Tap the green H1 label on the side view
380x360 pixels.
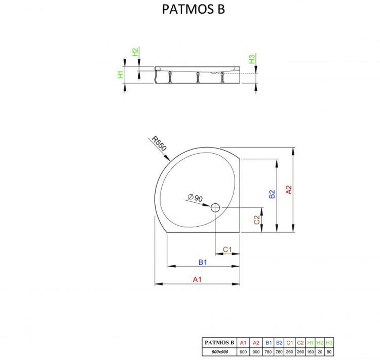click(x=120, y=75)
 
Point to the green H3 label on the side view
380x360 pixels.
click(x=252, y=59)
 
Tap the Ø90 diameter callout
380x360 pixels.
click(x=195, y=197)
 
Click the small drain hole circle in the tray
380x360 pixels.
click(x=215, y=207)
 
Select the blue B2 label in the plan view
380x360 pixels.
click(x=272, y=194)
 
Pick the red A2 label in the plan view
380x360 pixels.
click(x=289, y=190)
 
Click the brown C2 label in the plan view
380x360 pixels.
click(x=257, y=220)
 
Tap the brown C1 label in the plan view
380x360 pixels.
click(x=227, y=249)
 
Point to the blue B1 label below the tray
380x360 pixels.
click(x=203, y=262)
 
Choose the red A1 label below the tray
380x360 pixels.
click(x=198, y=279)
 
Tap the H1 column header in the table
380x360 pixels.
click(x=310, y=342)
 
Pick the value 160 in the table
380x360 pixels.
click(x=310, y=351)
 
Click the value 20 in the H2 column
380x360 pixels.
click(x=320, y=351)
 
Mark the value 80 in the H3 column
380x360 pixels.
click(x=330, y=351)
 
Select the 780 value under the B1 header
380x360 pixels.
click(x=268, y=351)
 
